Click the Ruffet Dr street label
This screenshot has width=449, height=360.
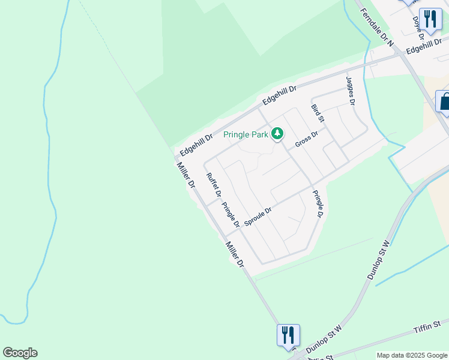coord(214,185)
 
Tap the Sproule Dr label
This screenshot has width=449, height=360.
coord(258,217)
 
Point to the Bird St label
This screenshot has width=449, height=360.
coord(318,113)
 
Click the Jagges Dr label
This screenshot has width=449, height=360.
coord(350,89)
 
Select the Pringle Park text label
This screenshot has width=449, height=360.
coord(246,135)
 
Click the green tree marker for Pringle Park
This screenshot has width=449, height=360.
coord(277,133)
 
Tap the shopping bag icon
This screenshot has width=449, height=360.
coord(444,101)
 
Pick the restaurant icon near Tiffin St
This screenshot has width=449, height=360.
coord(288,334)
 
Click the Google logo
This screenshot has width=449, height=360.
coord(20,353)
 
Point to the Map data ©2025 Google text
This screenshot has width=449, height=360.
coord(412,355)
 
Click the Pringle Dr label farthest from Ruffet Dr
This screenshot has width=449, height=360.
coord(318,204)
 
